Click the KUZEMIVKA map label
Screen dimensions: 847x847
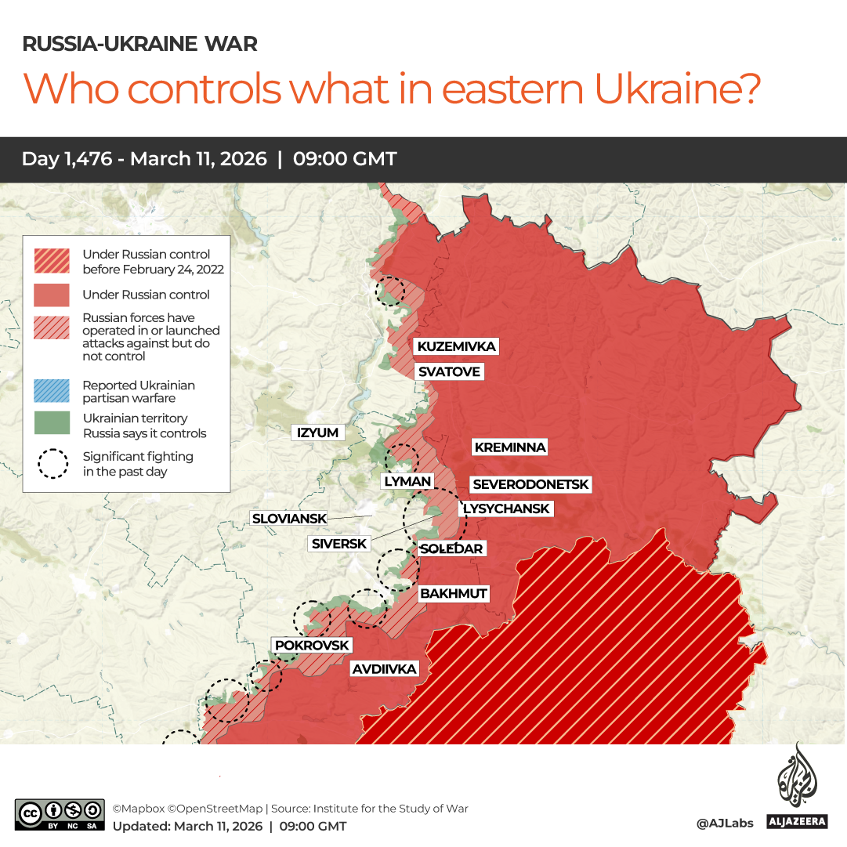coord(456,346)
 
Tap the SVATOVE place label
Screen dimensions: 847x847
coord(448,371)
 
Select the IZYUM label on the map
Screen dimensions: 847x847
coord(317,433)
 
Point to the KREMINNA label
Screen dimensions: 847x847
coord(509,447)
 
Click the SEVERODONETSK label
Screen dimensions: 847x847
coord(530,485)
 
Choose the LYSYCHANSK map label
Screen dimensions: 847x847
coord(506,509)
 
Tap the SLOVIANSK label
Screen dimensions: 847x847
coord(288,518)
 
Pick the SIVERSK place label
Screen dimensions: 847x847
coord(338,544)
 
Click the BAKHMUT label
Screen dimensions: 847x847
coord(453,593)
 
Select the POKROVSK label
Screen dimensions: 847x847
coord(311,645)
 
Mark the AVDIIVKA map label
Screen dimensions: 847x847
coord(384,669)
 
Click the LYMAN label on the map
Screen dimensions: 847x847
coord(407,481)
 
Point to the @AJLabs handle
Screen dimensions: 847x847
coord(725,823)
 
